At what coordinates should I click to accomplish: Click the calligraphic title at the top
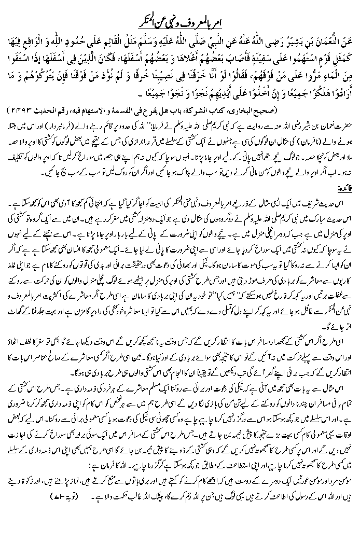[179, 9]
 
